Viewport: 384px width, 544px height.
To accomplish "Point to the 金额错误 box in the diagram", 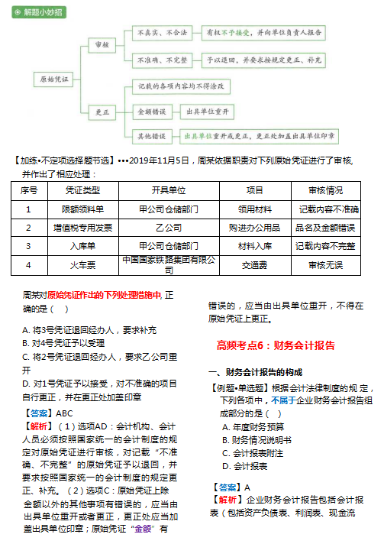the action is coord(153,112).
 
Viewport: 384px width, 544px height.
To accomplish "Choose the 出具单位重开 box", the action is coord(207,112).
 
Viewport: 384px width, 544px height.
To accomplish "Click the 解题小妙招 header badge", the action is coord(36,13).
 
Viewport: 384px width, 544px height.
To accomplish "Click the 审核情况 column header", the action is coord(325,189).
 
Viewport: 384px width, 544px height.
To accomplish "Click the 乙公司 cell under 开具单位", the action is coord(168,227).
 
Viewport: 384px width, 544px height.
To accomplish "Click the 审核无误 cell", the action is coord(325,265).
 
